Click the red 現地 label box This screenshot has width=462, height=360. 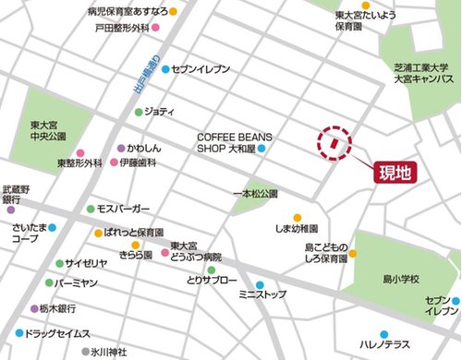click(401, 172)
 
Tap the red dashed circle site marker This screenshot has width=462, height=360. click(336, 144)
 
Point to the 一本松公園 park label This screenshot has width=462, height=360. click(256, 195)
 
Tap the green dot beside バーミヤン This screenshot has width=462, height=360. click(49, 283)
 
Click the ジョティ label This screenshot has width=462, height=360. click(160, 113)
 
